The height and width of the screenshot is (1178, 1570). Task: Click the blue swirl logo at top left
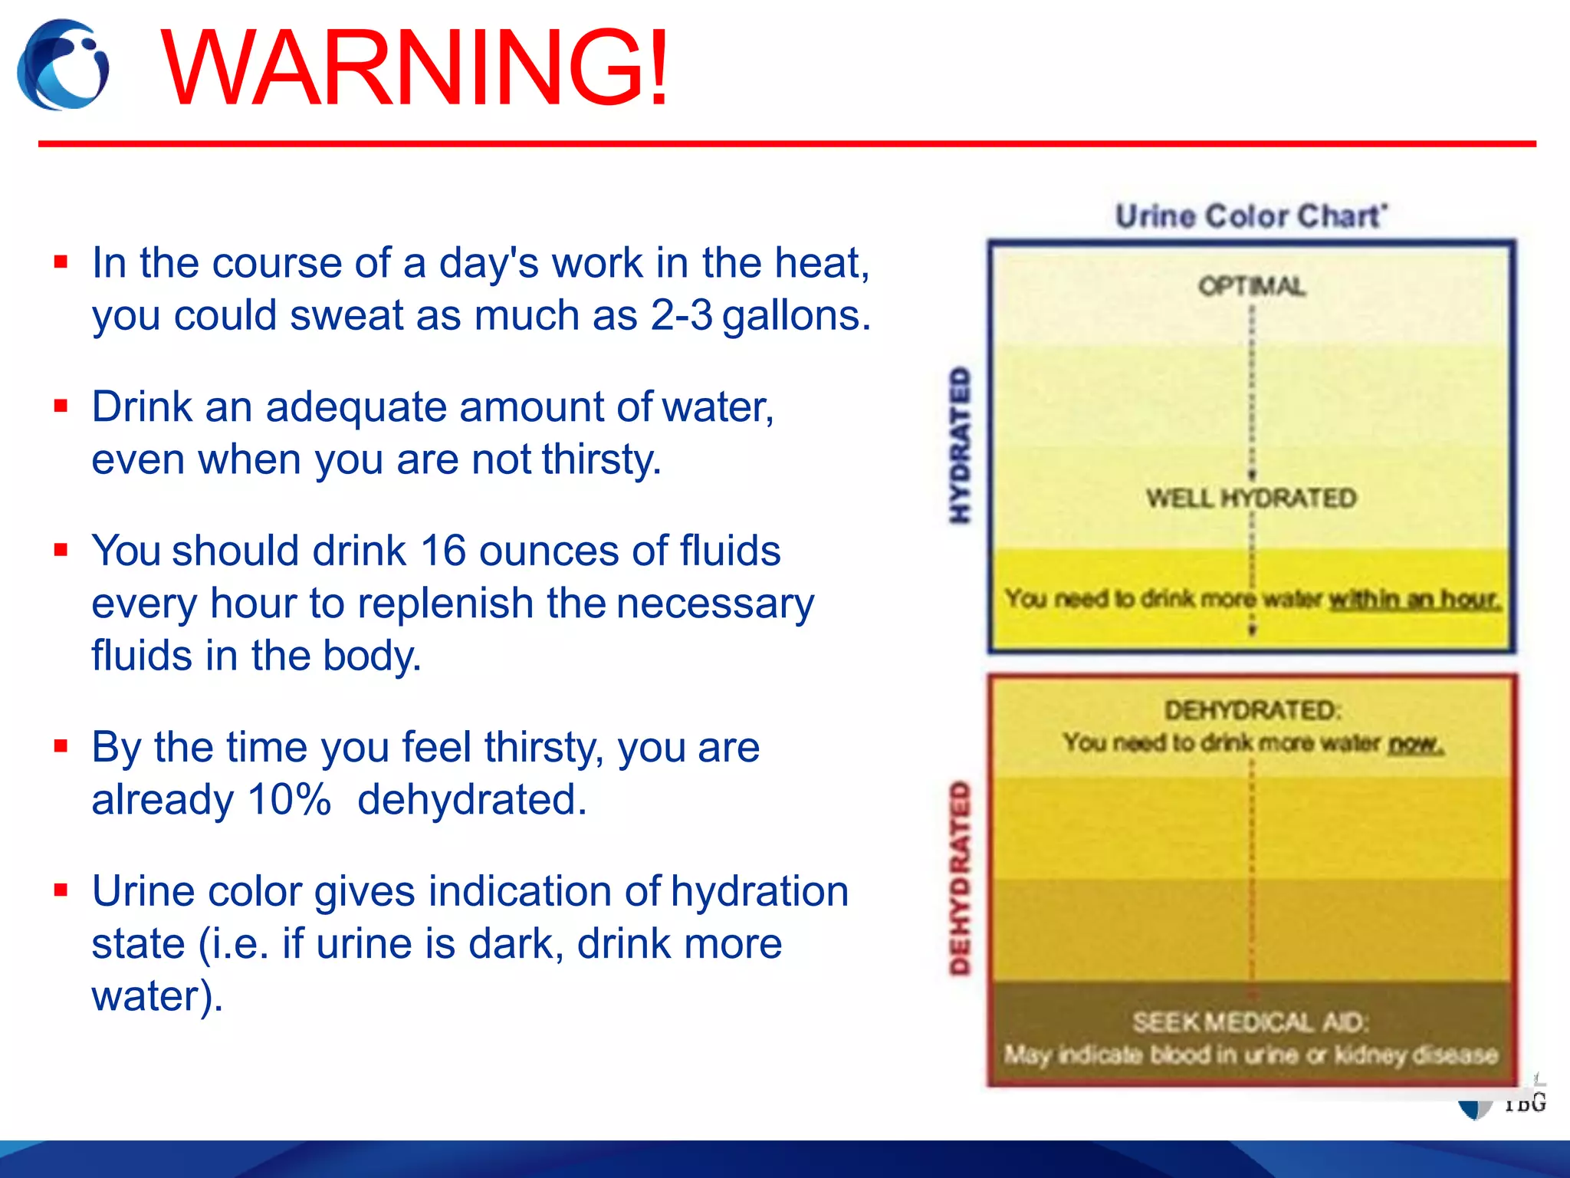(63, 66)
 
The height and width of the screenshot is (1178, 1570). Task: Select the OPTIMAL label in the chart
(1252, 286)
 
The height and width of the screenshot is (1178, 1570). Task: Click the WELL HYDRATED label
(1251, 498)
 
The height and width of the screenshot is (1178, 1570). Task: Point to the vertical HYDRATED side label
(960, 445)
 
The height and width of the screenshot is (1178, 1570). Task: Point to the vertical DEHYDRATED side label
(960, 878)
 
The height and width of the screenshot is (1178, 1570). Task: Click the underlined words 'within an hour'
(1413, 599)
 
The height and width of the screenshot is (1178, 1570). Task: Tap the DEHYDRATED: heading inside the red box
(1253, 710)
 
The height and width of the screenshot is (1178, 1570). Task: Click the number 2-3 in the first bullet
(682, 315)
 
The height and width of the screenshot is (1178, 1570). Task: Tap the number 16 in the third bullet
(443, 551)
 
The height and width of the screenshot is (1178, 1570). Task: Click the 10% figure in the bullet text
(289, 799)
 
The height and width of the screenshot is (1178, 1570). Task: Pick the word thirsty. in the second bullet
(601, 459)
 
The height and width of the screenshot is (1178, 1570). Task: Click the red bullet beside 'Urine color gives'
(61, 890)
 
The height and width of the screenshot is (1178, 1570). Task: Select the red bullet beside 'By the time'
(61, 746)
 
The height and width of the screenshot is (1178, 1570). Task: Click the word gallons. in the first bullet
(796, 315)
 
